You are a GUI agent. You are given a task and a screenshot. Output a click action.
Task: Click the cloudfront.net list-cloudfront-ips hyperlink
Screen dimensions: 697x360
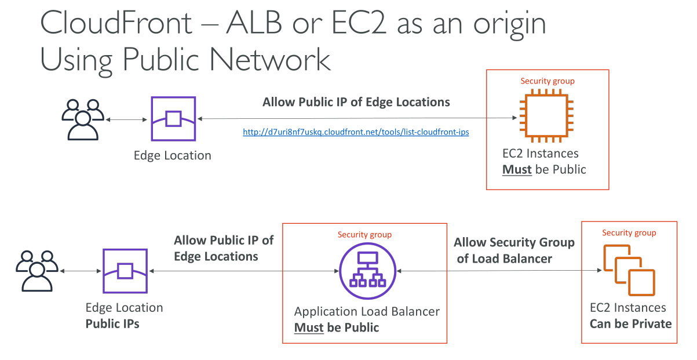point(356,132)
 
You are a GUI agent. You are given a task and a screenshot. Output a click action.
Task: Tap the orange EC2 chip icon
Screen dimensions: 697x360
point(546,116)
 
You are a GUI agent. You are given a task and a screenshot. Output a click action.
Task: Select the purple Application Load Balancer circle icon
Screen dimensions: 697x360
point(367,271)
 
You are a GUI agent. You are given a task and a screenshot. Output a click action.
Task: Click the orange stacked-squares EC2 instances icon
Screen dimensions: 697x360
point(629,270)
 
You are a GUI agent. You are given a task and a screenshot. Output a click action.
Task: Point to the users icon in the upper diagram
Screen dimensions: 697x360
point(83,119)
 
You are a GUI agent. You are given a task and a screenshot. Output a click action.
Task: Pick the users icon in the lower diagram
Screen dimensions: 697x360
point(37,271)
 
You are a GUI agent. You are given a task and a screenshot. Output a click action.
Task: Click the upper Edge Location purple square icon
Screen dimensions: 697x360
point(173,119)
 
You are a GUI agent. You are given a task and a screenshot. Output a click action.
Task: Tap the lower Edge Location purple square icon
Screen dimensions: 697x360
point(125,271)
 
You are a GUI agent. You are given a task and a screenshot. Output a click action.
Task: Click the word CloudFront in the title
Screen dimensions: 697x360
point(116,23)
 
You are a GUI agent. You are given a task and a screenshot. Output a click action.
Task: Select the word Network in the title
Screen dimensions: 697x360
point(269,60)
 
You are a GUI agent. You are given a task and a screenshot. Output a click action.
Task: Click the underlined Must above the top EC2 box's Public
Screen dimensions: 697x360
point(517,170)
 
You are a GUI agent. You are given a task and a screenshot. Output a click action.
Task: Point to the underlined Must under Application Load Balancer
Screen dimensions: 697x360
point(309,328)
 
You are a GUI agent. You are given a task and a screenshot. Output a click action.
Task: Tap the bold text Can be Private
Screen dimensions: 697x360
point(631,324)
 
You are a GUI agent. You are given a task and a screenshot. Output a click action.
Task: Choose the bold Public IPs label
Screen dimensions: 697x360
point(112,324)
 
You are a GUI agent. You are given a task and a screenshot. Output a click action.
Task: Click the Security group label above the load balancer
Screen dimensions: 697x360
point(364,235)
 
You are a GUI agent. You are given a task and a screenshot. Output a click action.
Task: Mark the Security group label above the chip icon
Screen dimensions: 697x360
point(548,81)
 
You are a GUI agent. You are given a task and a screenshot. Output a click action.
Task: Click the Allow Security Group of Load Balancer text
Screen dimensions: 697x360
point(514,250)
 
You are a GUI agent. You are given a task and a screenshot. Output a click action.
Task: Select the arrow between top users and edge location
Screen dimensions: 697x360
point(126,119)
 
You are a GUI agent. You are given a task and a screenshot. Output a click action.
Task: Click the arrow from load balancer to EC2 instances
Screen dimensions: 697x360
point(499,271)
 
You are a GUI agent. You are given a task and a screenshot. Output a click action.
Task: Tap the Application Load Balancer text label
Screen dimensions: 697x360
point(367,311)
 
